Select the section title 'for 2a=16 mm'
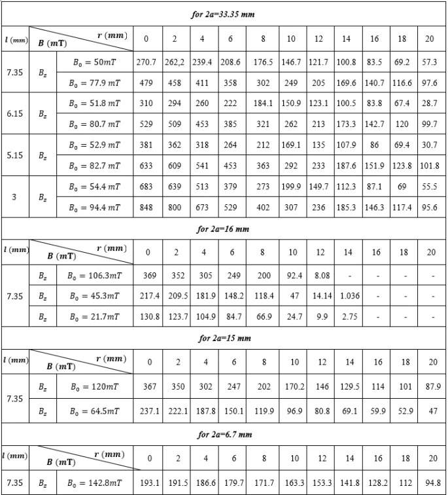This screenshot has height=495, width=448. [x=223, y=229]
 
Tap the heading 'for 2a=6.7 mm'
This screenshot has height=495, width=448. [x=223, y=434]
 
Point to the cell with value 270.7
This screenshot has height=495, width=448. [x=146, y=62]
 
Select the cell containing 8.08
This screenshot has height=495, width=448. [x=319, y=275]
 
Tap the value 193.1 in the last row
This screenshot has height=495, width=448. [x=150, y=483]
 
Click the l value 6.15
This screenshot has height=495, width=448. [x=14, y=113]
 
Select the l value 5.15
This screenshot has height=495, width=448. [x=14, y=155]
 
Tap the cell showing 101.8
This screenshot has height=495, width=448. [x=430, y=166]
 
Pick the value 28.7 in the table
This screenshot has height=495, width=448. [x=430, y=103]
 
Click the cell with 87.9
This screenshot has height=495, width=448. [x=430, y=386]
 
